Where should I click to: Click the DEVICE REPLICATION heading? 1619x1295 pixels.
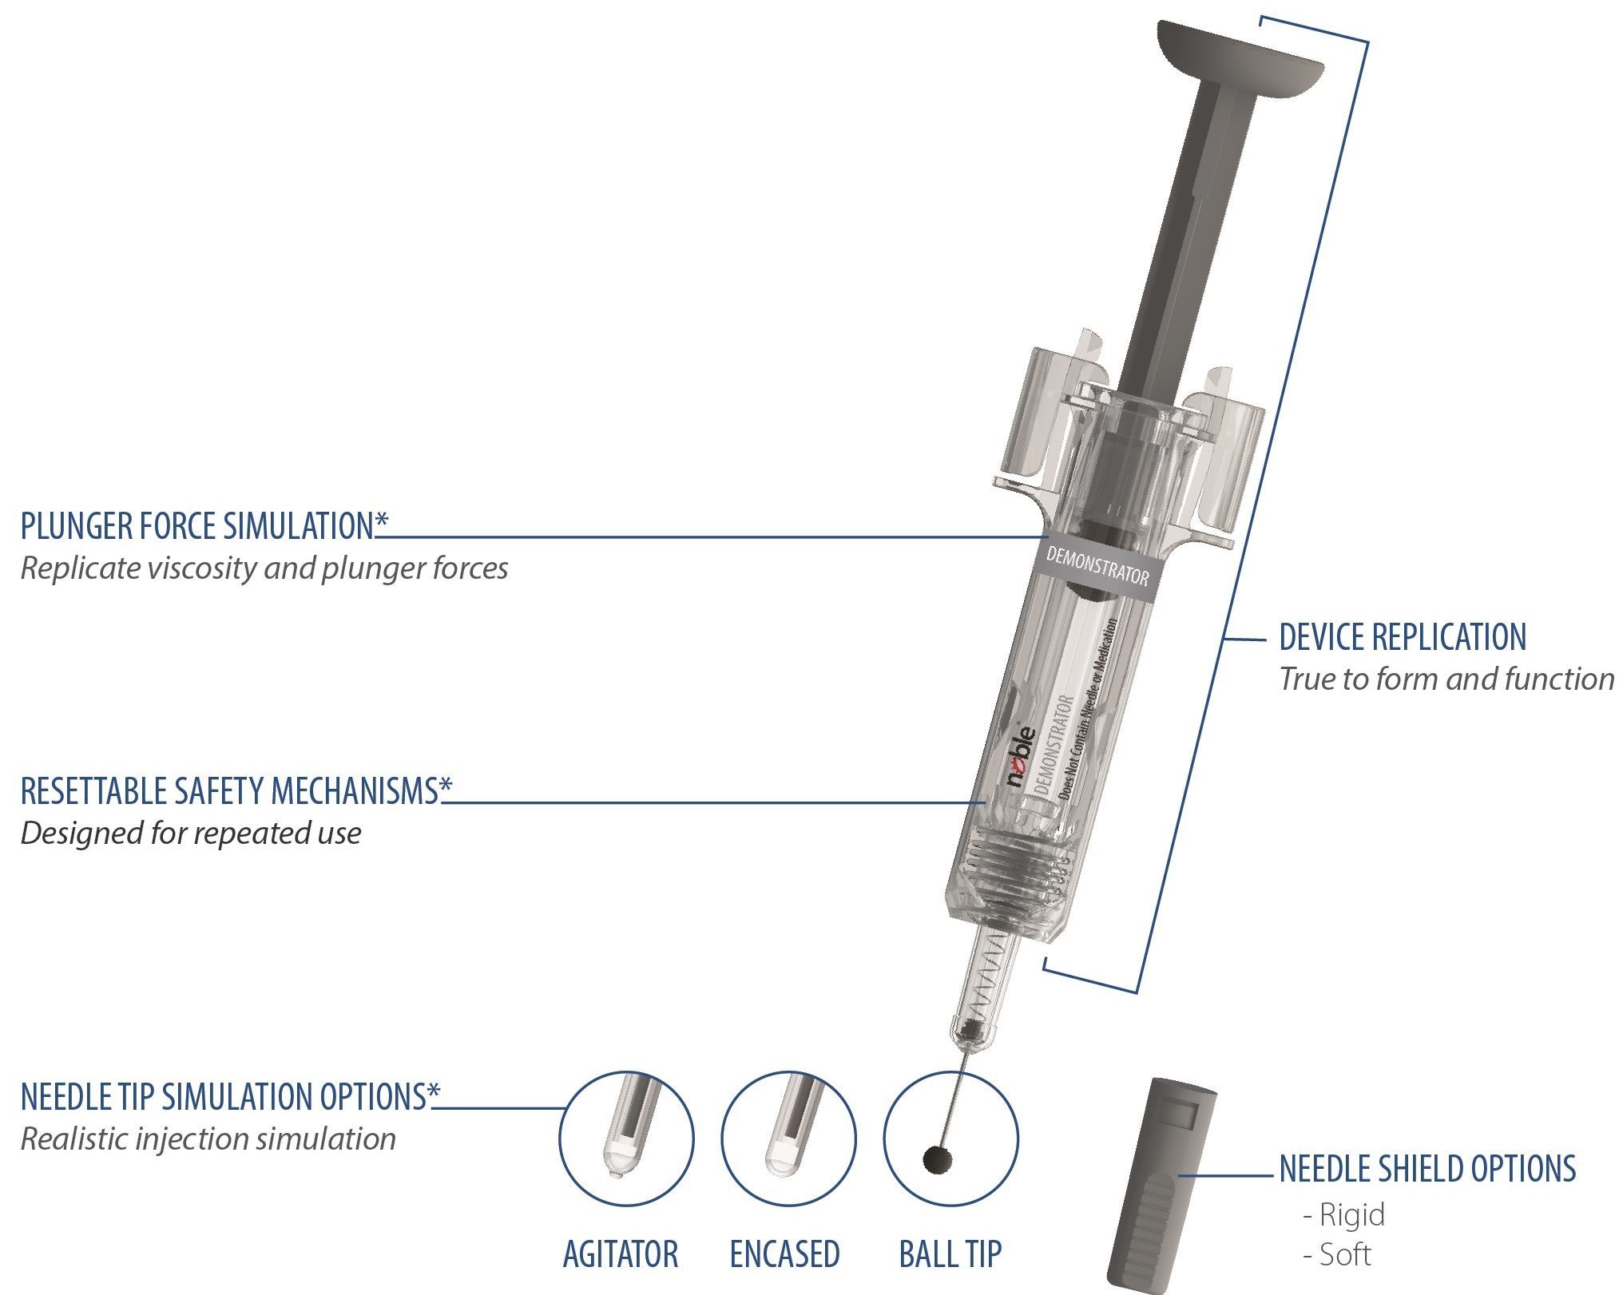(x=1402, y=637)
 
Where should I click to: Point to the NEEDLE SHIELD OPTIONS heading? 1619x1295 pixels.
(x=1427, y=1168)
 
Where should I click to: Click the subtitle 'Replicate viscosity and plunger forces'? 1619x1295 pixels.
(x=264, y=568)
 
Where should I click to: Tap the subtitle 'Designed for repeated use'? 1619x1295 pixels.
(x=190, y=833)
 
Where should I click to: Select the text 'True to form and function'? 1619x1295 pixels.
(x=1446, y=679)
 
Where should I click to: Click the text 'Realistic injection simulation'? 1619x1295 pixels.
(x=208, y=1139)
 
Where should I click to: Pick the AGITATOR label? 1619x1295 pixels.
(x=620, y=1253)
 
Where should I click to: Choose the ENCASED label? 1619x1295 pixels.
(x=784, y=1253)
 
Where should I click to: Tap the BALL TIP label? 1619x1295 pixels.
(x=950, y=1253)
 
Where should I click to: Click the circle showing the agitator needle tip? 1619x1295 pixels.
(x=625, y=1138)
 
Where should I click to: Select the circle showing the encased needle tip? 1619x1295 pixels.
(x=788, y=1138)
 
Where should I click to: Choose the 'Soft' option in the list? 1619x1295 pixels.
(x=1345, y=1254)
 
